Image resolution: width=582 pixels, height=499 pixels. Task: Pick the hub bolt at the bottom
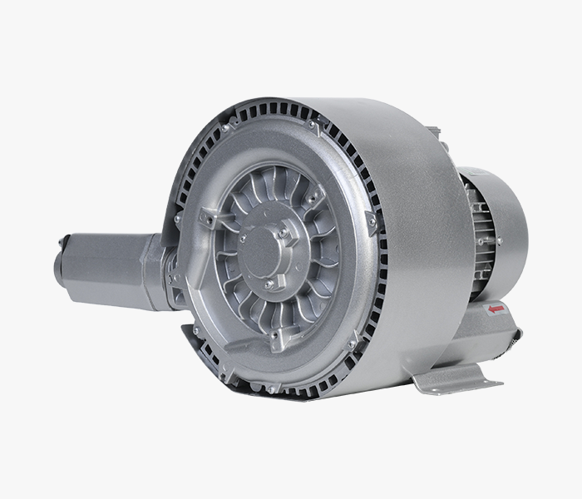(x=269, y=285)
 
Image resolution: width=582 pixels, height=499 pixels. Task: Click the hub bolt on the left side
(x=242, y=239)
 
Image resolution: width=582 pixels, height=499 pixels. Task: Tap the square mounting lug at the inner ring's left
(x=211, y=219)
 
